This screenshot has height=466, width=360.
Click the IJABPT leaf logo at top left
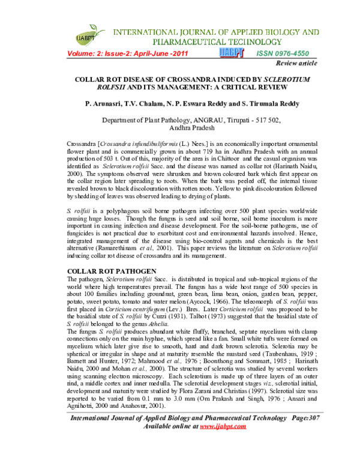point(86,35)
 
